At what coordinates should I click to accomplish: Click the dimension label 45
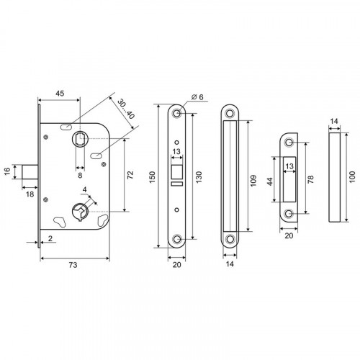[60, 94]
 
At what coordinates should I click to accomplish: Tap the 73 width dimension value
[73, 265]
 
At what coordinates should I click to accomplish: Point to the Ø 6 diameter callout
[197, 97]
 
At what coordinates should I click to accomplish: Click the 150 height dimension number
[153, 177]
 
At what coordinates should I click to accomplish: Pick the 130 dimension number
[199, 177]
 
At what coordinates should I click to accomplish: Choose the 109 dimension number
[253, 181]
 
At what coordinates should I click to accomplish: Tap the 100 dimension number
[352, 177]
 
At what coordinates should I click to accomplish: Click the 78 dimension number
[310, 179]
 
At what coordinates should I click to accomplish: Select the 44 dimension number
[270, 181]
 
